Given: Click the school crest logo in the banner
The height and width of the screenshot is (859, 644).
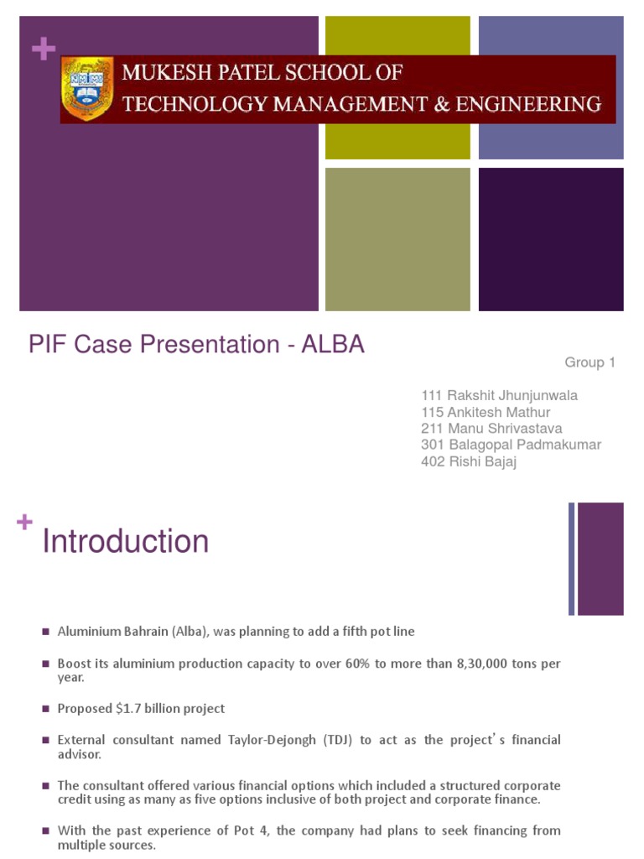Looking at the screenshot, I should tap(86, 89).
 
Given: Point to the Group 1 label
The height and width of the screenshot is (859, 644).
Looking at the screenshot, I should tap(590, 362).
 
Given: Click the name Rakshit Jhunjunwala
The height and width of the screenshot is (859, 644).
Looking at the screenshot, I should tap(512, 395).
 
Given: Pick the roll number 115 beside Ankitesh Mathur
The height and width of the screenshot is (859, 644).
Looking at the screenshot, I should tap(431, 412).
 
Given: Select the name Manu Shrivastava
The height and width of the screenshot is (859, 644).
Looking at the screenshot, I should tap(505, 429).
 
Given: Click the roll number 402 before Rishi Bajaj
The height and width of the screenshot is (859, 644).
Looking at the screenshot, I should tap(431, 462).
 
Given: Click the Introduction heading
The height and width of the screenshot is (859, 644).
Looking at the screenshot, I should tap(125, 542).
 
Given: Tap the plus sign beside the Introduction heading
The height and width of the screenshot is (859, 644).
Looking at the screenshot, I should tap(24, 522).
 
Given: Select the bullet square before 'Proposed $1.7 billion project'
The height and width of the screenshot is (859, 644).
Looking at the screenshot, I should tap(47, 710).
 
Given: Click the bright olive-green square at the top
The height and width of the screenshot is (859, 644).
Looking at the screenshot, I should tap(397, 87).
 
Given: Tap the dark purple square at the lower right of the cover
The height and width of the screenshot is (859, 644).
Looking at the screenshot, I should tap(551, 239).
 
